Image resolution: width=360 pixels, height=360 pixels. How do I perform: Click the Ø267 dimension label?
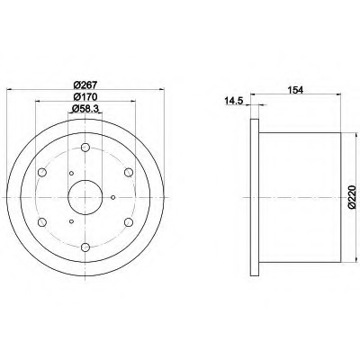click(x=85, y=85)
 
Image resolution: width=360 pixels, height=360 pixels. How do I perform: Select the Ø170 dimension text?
click(x=85, y=97)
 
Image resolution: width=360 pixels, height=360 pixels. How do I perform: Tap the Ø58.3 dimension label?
click(x=85, y=109)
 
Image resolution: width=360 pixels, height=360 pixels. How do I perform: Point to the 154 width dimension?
click(x=295, y=90)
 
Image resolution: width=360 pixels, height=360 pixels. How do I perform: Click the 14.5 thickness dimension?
click(x=234, y=101)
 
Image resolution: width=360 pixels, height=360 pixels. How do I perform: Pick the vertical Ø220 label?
click(x=352, y=197)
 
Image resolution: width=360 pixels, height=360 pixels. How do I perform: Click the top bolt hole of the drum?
click(x=85, y=148)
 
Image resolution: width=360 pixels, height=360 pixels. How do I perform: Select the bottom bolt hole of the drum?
click(x=85, y=247)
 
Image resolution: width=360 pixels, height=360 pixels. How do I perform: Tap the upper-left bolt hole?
click(x=42, y=173)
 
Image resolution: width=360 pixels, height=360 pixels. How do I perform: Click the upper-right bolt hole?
click(x=129, y=172)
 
